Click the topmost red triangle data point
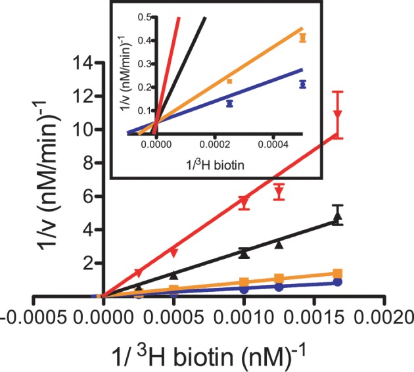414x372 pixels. pos(338,114)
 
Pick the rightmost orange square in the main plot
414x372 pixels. pos(338,273)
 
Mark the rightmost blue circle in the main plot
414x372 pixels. pos(338,282)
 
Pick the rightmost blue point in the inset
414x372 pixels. pos(302,84)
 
